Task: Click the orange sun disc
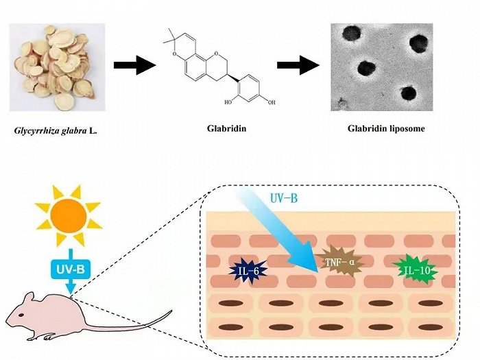[69, 216]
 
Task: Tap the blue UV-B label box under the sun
[71, 269]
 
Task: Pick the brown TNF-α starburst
[339, 262]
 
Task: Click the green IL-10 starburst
[416, 270]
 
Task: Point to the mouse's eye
[21, 315]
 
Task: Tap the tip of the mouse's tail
[171, 311]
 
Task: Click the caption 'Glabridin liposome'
[386, 128]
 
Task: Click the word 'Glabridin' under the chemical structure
[226, 128]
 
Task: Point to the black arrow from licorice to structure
[134, 65]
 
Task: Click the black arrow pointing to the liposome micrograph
[298, 65]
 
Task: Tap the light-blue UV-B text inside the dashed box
[284, 198]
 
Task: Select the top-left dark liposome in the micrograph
[351, 33]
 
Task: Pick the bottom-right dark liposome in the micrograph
[409, 94]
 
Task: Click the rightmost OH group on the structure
[272, 102]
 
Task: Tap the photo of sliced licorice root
[57, 67]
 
